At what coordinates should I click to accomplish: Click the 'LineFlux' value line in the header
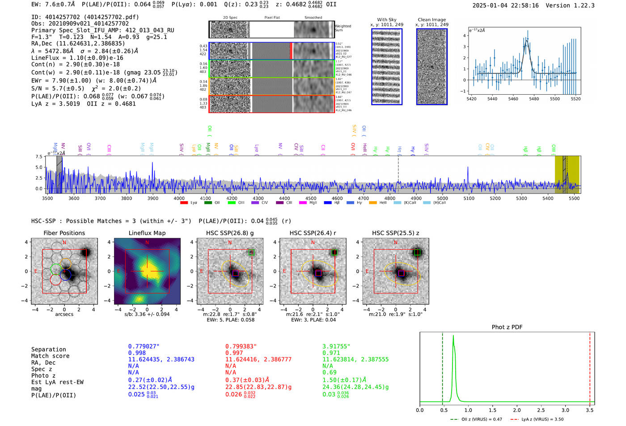coord(77,58)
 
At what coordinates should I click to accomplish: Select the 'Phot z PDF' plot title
coord(507,327)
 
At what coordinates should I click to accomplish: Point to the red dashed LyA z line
coord(590,367)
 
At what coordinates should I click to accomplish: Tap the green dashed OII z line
coord(442,367)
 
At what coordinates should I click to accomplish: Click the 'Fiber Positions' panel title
coord(64,233)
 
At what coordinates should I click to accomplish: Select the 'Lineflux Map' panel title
coord(147,233)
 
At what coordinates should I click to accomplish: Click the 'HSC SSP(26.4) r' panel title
coord(313,233)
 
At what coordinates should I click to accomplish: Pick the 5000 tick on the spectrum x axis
coord(442,198)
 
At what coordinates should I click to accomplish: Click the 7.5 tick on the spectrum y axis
coord(39,157)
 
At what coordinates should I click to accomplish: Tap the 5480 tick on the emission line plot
coord(534,99)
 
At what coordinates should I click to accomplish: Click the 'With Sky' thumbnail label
coord(386,20)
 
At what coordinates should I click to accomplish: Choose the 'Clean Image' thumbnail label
coord(431,20)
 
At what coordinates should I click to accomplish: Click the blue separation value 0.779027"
coord(144,346)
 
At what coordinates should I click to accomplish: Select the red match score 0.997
coord(234,353)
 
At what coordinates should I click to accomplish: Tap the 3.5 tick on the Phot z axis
coord(590,410)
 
